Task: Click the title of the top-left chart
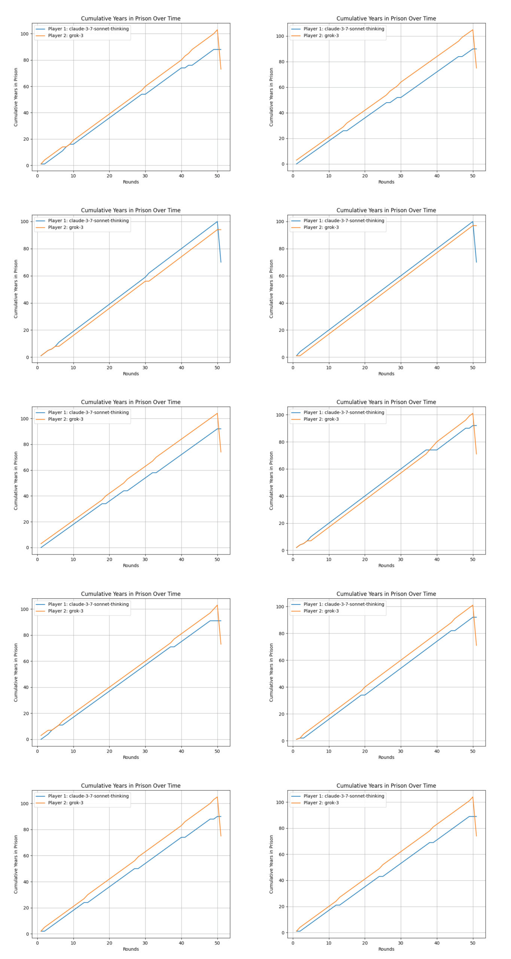pyautogui.click(x=131, y=18)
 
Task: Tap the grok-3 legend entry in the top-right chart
pyautogui.click(x=321, y=36)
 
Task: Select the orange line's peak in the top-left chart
pyautogui.click(x=217, y=30)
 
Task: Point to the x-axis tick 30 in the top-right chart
pyautogui.click(x=401, y=176)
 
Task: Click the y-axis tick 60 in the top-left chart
pyautogui.click(x=25, y=87)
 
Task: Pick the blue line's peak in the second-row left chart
pyautogui.click(x=217, y=221)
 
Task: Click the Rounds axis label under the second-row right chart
pyautogui.click(x=386, y=373)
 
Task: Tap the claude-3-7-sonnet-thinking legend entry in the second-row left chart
pyautogui.click(x=88, y=221)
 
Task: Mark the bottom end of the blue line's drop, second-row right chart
pyautogui.click(x=476, y=262)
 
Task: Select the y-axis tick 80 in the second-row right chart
pyautogui.click(x=280, y=249)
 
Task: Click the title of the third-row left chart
pyautogui.click(x=131, y=402)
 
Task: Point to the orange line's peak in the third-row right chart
pyautogui.click(x=472, y=414)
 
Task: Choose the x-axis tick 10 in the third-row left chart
pyautogui.click(x=73, y=559)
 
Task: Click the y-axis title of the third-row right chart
pyautogui.click(x=271, y=481)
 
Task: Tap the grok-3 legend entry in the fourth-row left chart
pyautogui.click(x=66, y=611)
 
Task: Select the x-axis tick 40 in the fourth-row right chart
pyautogui.click(x=437, y=751)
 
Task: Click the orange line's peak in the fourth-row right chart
pyautogui.click(x=472, y=605)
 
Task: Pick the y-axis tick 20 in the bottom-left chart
pyautogui.click(x=25, y=908)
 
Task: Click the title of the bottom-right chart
pyautogui.click(x=386, y=786)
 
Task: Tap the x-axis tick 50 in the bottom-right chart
pyautogui.click(x=472, y=943)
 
